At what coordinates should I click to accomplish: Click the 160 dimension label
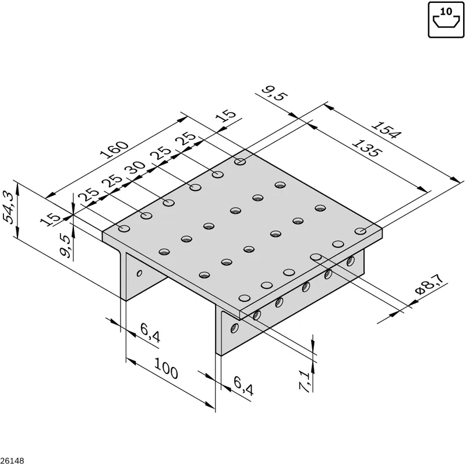[x=114, y=150]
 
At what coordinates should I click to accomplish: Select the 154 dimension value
[x=386, y=130]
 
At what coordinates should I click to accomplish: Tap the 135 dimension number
[x=365, y=148]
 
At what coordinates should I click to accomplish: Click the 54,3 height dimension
[x=9, y=207]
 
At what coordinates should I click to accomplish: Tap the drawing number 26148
[x=12, y=461]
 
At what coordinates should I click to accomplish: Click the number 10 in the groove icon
[x=446, y=12]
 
